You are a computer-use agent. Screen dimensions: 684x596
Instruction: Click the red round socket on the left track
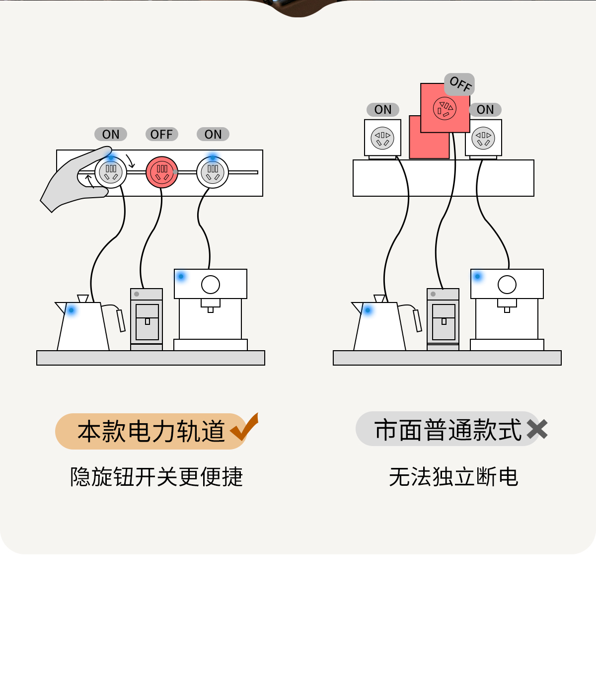(162, 172)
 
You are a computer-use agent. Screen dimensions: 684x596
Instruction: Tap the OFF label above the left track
(161, 134)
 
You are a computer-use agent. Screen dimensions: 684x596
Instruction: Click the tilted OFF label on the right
(460, 84)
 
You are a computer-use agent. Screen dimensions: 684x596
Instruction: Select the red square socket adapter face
(445, 108)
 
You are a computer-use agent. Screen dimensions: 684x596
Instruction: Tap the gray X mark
(537, 429)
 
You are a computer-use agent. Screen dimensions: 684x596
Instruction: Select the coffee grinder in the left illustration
(147, 319)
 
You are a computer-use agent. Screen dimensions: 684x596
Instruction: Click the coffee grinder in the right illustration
(443, 319)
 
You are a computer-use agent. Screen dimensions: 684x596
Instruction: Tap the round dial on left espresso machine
(211, 285)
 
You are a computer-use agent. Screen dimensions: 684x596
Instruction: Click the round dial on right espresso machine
(507, 285)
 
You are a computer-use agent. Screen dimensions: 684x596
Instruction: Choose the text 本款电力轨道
(151, 431)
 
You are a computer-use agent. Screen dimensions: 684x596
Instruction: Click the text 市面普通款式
(448, 430)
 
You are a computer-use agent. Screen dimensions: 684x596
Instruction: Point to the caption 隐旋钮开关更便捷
(156, 477)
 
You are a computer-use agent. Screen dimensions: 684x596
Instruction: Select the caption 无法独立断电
(453, 477)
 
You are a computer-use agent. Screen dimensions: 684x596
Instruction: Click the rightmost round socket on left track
(213, 172)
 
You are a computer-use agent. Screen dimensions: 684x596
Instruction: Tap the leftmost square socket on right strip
(382, 138)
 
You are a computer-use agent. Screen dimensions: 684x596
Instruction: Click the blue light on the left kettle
(72, 310)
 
